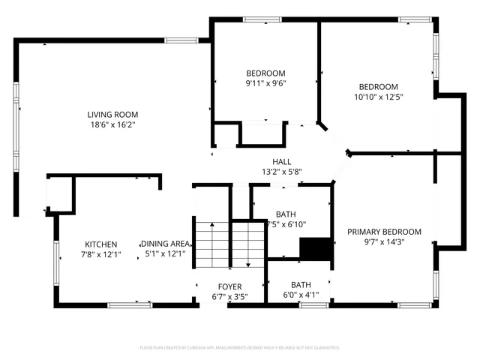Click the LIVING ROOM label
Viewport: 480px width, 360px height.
click(112, 114)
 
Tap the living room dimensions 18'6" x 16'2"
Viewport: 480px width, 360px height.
click(112, 124)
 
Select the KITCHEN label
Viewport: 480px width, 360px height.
click(100, 244)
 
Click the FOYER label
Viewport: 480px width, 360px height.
click(229, 286)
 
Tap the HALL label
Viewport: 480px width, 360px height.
click(281, 161)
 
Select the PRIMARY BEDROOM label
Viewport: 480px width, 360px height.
click(384, 232)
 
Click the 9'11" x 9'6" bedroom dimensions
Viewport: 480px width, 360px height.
click(265, 83)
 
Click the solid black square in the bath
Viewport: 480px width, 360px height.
click(315, 248)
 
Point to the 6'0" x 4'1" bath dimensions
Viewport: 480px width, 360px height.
click(301, 295)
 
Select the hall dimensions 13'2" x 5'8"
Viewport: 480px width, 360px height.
click(281, 172)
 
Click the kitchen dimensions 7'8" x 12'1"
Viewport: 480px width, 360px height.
click(100, 255)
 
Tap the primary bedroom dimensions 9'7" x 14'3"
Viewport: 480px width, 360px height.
click(384, 242)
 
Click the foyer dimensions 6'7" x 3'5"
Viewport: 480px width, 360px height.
click(229, 296)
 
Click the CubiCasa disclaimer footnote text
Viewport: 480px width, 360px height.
click(240, 348)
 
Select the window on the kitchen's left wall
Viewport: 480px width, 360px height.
click(55, 262)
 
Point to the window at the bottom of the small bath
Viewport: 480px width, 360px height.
click(313, 304)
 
